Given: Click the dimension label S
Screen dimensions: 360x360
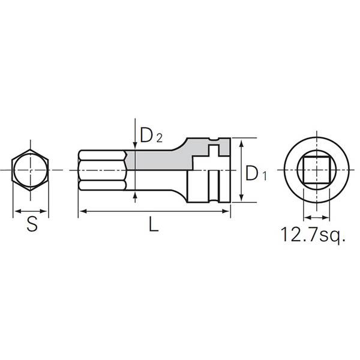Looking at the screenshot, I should [31, 226].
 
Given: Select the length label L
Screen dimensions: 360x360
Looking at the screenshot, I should [154, 226].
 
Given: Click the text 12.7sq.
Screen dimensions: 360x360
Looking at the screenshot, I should [313, 233].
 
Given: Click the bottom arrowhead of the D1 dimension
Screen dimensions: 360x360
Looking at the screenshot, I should [241, 199].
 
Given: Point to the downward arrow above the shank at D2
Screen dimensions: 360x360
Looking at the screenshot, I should [133, 144].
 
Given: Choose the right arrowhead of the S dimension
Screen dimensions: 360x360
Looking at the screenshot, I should [46, 211].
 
